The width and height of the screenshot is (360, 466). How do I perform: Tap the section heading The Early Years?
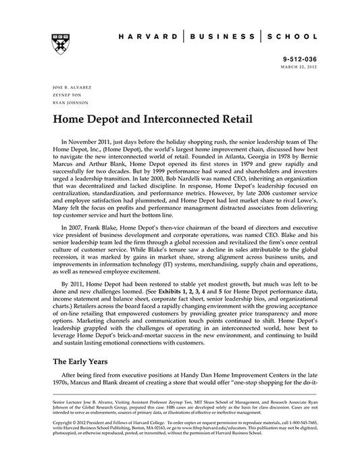pos(80,361)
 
